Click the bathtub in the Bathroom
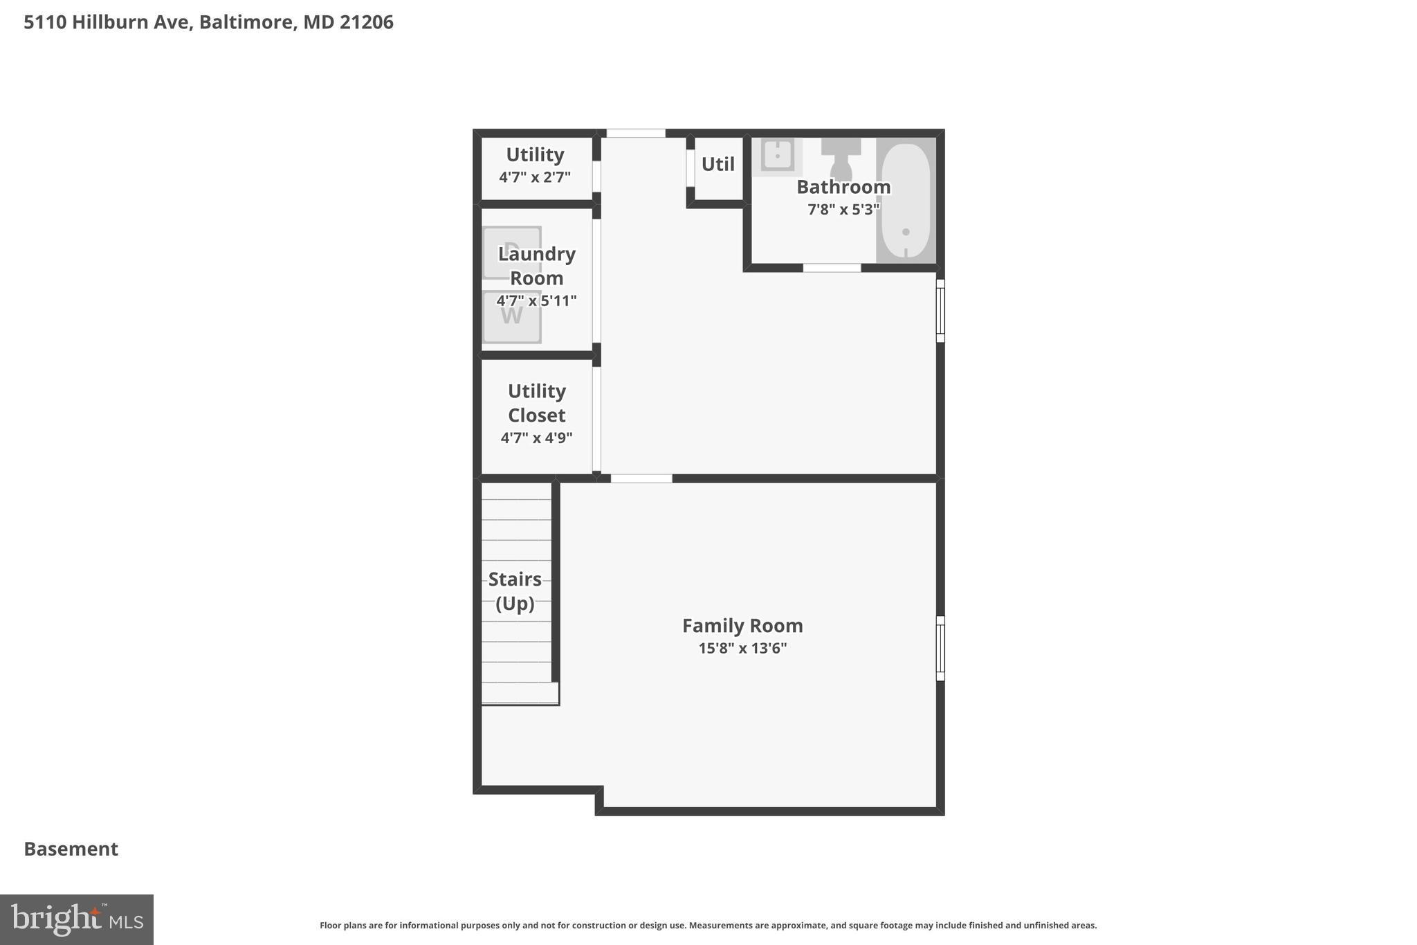tap(906, 200)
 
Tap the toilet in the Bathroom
tap(841, 159)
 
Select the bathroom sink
tap(778, 155)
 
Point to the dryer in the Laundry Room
tap(511, 251)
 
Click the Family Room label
tap(742, 626)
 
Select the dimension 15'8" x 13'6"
tap(742, 649)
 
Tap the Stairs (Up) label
tap(515, 591)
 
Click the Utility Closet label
tap(536, 403)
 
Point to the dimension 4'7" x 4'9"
tap(536, 438)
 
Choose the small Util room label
tap(717, 165)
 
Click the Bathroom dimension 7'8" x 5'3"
tap(843, 209)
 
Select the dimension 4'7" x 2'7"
tap(535, 177)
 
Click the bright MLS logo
tap(77, 919)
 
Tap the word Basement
tap(71, 849)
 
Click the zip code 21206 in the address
tap(366, 22)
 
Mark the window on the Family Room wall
tap(940, 649)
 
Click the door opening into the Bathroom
tap(832, 268)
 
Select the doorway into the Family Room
tap(641, 478)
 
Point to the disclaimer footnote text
tap(708, 926)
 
